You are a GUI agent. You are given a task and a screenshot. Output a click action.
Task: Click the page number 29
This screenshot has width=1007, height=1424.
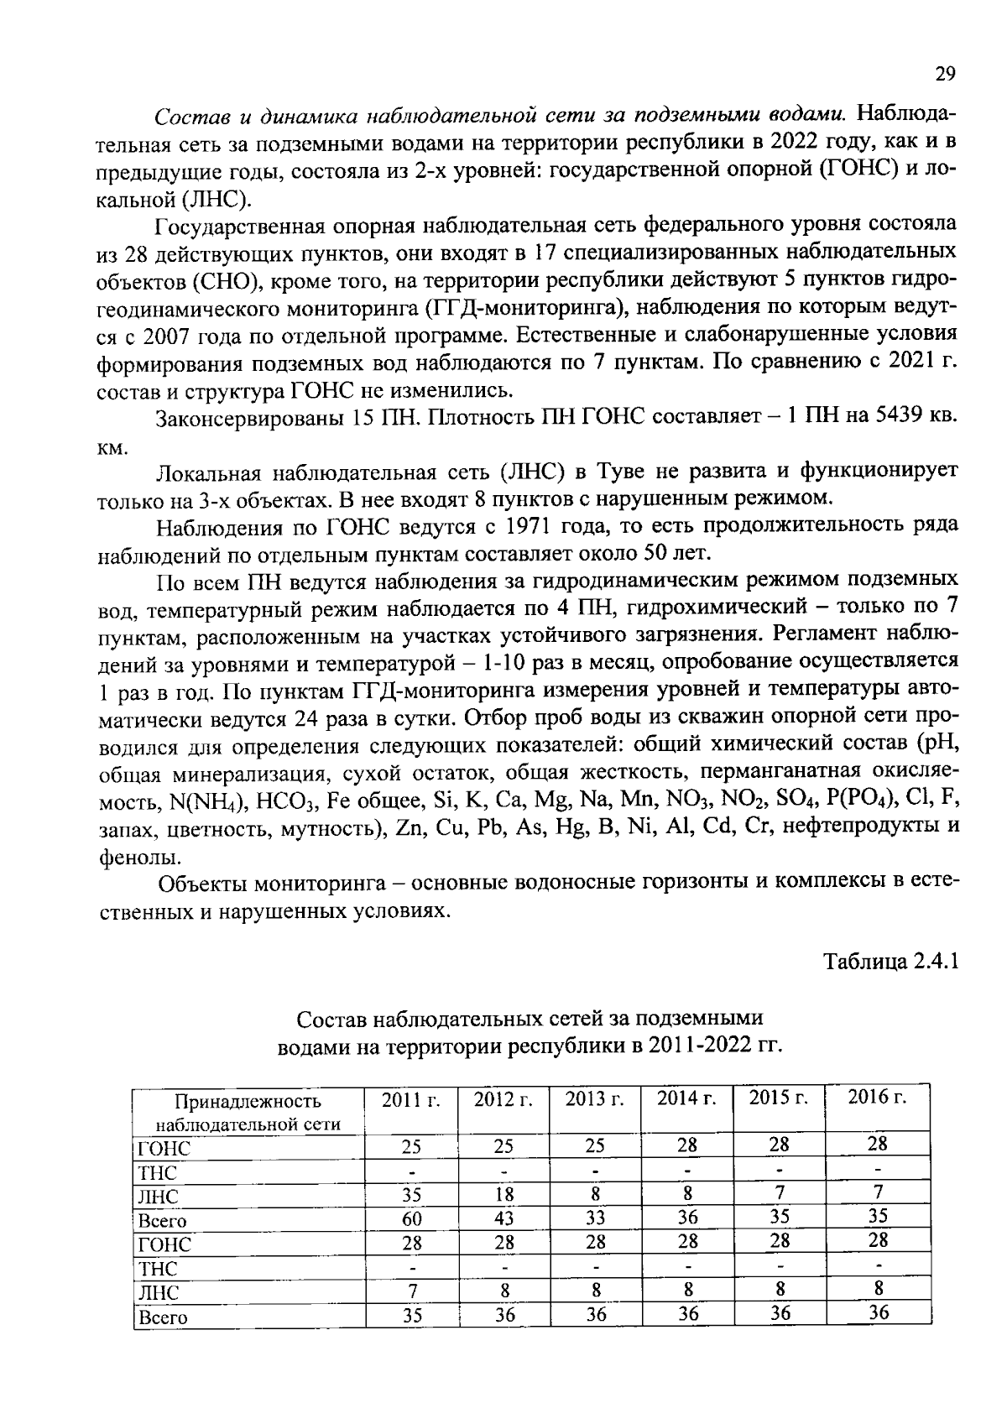tap(945, 74)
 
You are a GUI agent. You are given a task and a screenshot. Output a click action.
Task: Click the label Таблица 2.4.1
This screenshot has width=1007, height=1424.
tap(890, 961)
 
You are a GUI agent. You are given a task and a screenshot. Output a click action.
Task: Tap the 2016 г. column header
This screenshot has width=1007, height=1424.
tap(877, 1098)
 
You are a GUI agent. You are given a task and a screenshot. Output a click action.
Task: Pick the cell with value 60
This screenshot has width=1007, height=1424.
tap(411, 1218)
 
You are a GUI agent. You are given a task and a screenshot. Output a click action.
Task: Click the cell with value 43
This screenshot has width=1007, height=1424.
tap(503, 1218)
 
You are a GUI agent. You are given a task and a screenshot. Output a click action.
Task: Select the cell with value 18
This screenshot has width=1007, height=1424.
tap(503, 1195)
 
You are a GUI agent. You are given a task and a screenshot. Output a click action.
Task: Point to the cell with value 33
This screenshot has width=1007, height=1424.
tap(595, 1218)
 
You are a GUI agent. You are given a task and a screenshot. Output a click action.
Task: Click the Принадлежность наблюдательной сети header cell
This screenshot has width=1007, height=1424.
tap(248, 1112)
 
